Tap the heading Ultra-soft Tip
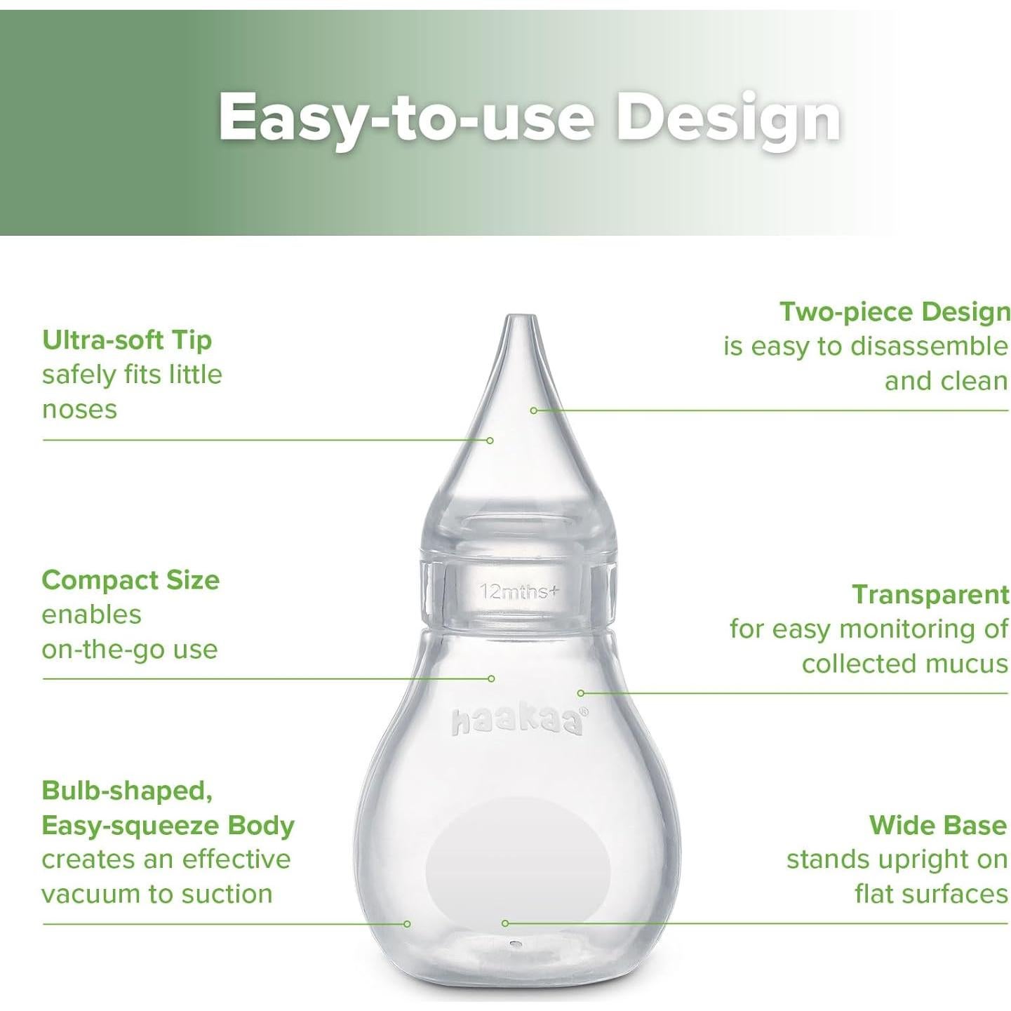127,340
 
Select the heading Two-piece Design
895,312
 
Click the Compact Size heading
130,580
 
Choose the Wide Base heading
938,825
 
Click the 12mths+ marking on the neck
519,592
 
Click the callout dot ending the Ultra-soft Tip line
490,440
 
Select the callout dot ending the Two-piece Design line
534,410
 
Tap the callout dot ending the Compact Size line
491,678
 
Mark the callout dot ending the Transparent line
580,693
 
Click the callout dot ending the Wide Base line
504,923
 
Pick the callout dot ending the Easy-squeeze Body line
407,924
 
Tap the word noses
79,410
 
